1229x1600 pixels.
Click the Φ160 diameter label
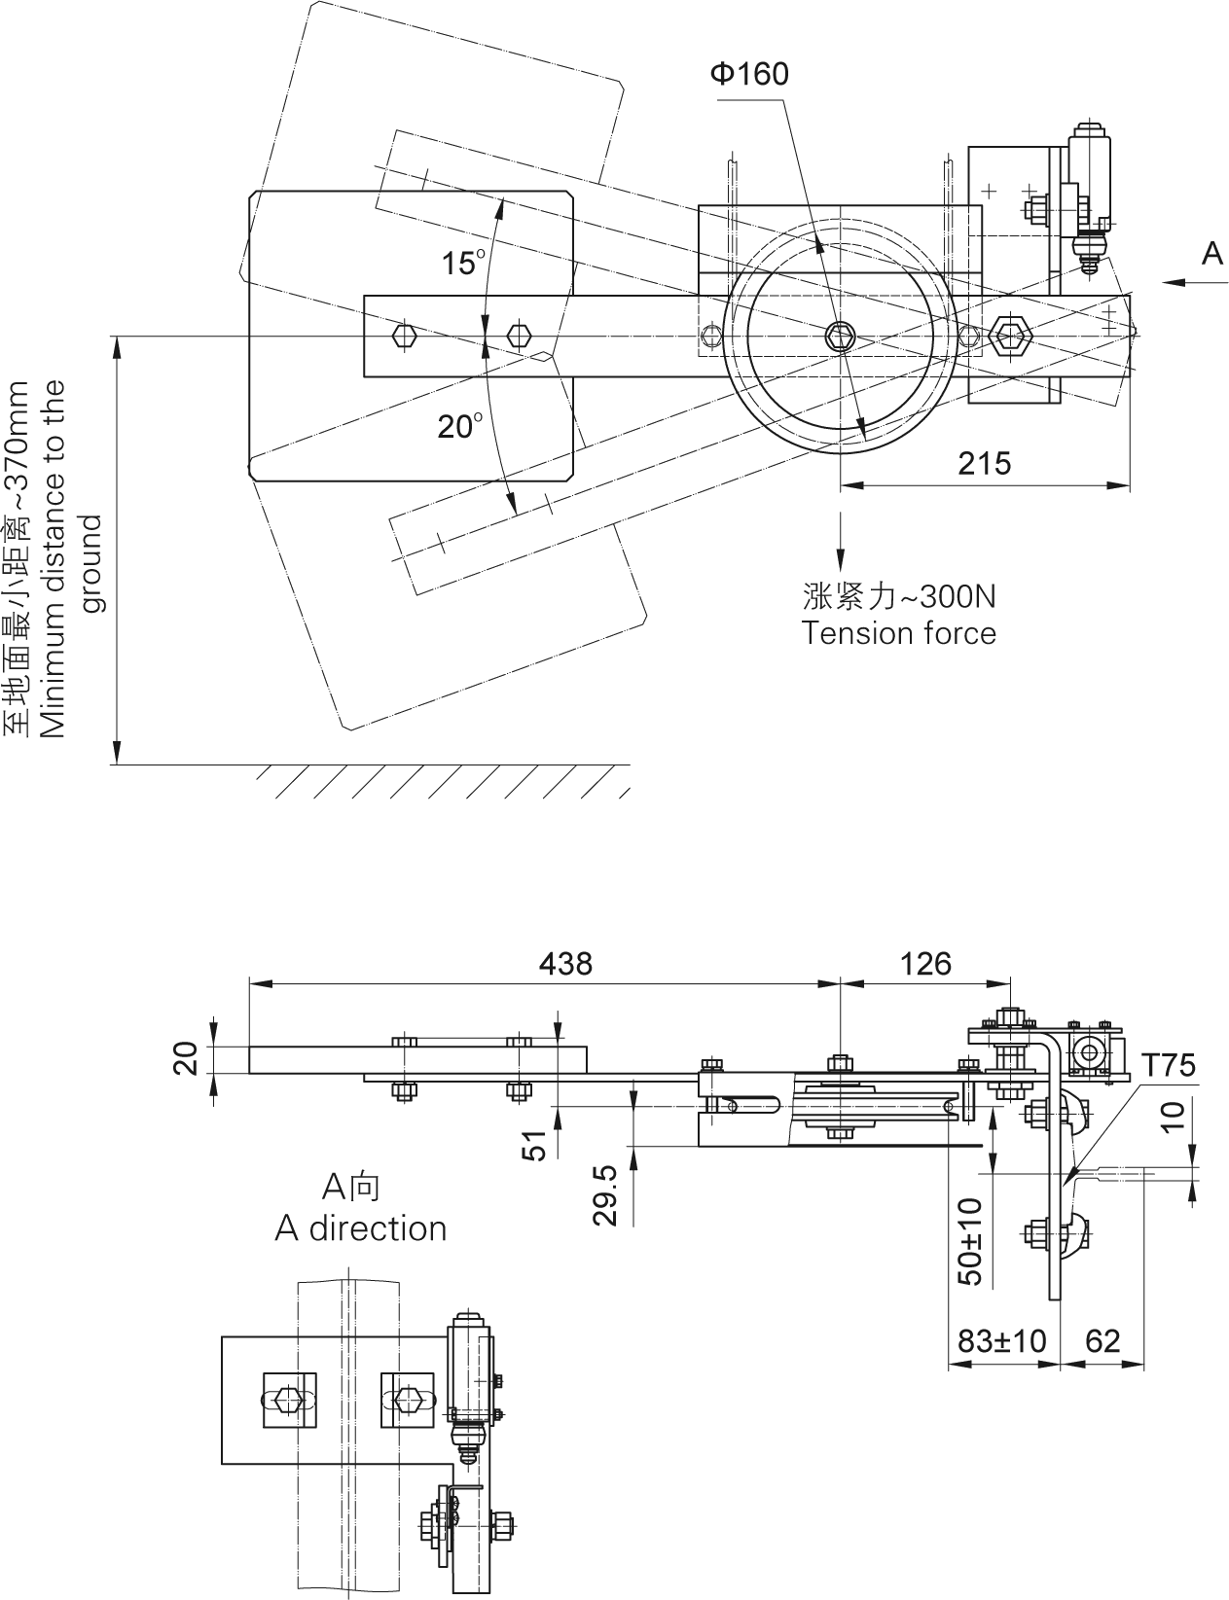click(748, 74)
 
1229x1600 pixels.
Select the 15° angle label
click(463, 263)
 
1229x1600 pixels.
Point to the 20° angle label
click(459, 426)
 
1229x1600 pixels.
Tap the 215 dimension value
click(984, 463)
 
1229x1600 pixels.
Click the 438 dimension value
click(564, 963)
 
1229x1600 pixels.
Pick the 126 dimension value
click(924, 963)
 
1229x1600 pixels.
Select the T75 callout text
click(1168, 1066)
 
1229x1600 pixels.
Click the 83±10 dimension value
click(1001, 1341)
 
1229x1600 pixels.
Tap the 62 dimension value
click(1102, 1341)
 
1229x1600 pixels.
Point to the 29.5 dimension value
click(605, 1194)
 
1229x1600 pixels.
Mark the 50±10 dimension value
click(970, 1241)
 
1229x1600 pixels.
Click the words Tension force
click(898, 633)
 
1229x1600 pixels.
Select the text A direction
click(360, 1228)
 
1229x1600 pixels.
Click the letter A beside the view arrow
click(1211, 254)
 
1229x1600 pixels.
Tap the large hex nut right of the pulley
click(1009, 336)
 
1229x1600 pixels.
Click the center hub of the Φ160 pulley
click(840, 337)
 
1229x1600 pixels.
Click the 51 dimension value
click(535, 1144)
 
